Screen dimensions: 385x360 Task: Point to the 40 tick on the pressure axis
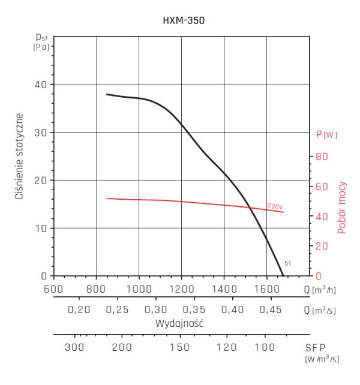click(x=40, y=85)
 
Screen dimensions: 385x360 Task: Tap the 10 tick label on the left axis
click(x=40, y=228)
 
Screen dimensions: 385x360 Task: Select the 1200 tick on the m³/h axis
click(x=181, y=288)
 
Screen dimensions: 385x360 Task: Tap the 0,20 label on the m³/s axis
click(x=79, y=310)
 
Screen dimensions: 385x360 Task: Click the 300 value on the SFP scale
click(x=74, y=347)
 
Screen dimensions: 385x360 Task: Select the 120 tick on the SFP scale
click(x=226, y=347)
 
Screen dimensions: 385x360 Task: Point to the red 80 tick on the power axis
click(x=323, y=157)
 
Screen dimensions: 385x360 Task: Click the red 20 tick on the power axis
click(x=323, y=246)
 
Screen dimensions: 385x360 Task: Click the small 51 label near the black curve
click(x=287, y=263)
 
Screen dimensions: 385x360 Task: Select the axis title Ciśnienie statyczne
click(x=20, y=155)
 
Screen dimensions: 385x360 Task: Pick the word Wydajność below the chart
click(x=181, y=323)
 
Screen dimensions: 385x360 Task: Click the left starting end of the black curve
click(x=107, y=94)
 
